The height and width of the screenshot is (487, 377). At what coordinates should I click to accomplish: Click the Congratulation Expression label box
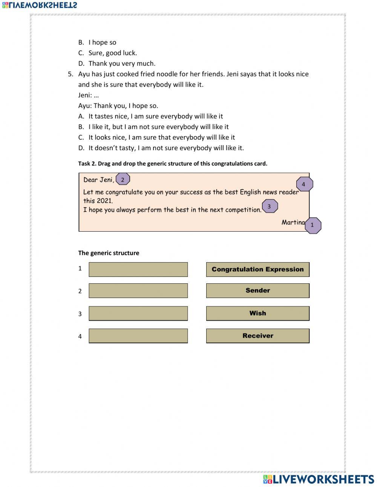tap(257, 269)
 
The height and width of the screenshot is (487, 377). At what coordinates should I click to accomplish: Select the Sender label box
tap(257, 290)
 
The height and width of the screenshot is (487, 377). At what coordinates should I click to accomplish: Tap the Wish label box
tap(257, 313)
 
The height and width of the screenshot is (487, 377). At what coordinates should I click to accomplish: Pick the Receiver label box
tap(257, 336)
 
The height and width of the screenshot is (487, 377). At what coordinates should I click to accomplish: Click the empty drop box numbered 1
tap(138, 269)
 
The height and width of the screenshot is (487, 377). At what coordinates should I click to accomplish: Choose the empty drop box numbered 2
tap(138, 290)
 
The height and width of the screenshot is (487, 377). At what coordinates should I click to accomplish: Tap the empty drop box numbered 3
tap(138, 313)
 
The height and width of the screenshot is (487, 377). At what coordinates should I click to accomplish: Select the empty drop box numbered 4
tap(138, 336)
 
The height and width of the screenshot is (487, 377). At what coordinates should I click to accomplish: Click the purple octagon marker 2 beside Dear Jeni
tap(123, 180)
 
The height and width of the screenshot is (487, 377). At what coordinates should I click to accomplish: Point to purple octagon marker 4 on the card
tap(304, 184)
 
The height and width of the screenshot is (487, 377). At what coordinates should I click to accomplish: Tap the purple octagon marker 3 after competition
tap(269, 206)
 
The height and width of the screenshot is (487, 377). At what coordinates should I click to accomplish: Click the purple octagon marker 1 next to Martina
tap(312, 225)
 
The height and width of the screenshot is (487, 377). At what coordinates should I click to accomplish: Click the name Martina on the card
tap(293, 222)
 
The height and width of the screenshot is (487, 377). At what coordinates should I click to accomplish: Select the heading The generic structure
tap(109, 253)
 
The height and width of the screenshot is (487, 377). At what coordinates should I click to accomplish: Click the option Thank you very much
tap(122, 63)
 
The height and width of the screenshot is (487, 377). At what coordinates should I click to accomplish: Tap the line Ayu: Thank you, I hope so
tap(118, 106)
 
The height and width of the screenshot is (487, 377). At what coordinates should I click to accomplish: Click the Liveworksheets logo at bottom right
tap(319, 479)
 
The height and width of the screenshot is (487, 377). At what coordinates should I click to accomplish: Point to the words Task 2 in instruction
tap(87, 164)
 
